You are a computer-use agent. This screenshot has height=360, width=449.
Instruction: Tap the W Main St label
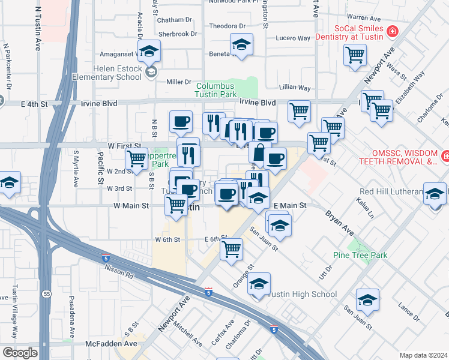coord(131,206)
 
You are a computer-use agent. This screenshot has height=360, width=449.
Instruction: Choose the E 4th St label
coord(34,103)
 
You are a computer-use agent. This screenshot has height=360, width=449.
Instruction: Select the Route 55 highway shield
coord(46,210)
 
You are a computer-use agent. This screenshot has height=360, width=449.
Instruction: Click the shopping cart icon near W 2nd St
coord(137,159)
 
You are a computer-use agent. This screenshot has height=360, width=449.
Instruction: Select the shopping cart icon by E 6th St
coord(231,248)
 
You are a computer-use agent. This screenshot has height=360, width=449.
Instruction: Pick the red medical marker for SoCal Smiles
coord(392,31)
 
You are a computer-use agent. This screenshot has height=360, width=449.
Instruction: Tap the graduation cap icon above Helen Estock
coord(149,50)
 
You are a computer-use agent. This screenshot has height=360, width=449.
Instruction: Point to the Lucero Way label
coord(294,38)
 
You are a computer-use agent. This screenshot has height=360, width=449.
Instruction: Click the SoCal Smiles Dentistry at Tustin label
coord(359,34)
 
